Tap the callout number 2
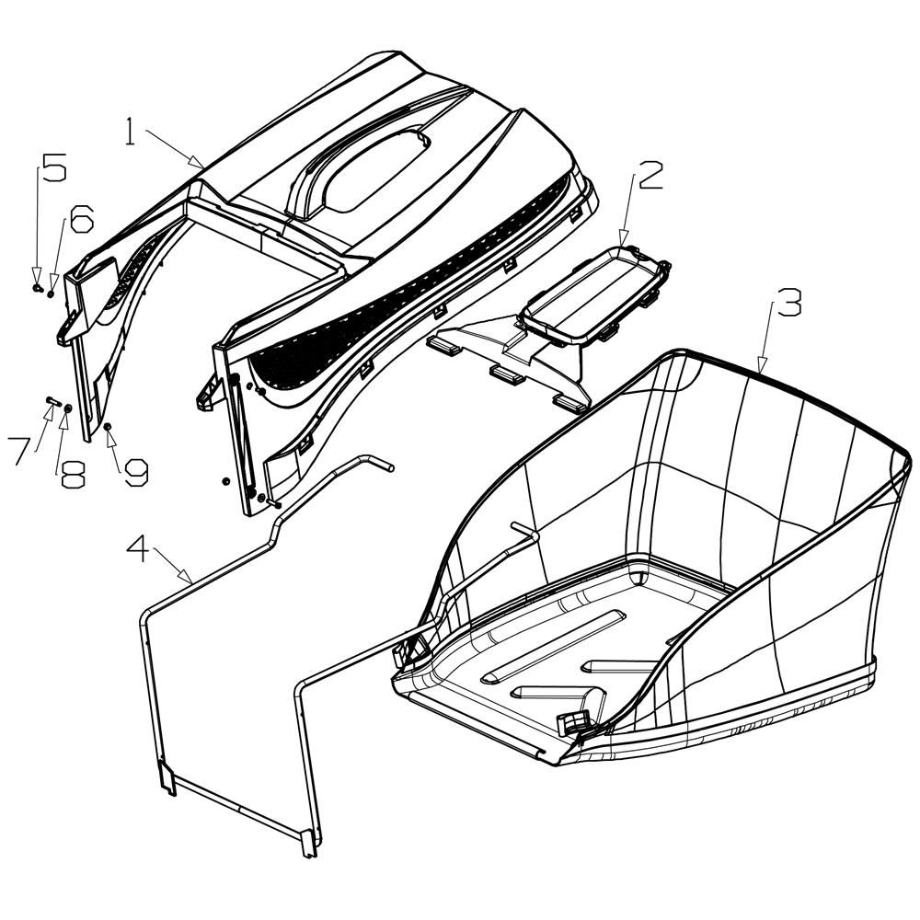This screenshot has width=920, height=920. click(650, 176)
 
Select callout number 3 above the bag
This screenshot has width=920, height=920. click(788, 303)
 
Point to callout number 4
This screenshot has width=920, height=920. click(137, 549)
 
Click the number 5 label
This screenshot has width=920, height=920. click(53, 169)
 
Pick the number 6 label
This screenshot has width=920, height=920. click(81, 218)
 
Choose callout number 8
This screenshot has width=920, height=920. click(70, 474)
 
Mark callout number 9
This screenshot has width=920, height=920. click(134, 472)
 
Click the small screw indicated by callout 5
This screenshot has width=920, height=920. click(37, 287)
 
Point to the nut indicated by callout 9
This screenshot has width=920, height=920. click(108, 428)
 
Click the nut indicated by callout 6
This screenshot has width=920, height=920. click(51, 293)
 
